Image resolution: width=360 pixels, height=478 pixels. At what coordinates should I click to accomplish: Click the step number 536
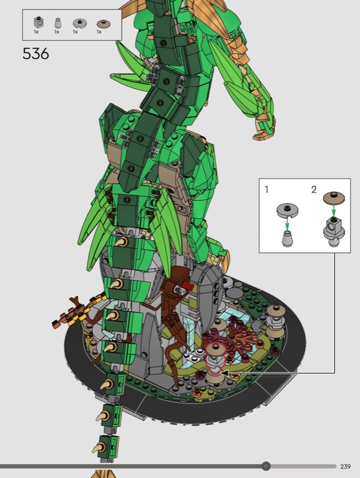(36, 54)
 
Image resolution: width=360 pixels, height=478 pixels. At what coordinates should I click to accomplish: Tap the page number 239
(346, 467)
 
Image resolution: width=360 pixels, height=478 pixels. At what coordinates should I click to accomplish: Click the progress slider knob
(266, 466)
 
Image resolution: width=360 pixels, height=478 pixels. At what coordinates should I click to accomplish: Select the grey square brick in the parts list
(38, 22)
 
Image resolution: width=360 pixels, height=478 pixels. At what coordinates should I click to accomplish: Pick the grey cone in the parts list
(57, 23)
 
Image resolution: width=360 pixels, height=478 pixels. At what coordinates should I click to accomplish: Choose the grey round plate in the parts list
(80, 23)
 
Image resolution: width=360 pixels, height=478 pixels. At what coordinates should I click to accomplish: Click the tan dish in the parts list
(104, 24)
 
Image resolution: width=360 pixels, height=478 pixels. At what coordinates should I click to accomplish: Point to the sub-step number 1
(267, 189)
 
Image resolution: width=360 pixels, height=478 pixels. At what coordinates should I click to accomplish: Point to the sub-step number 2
(314, 189)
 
